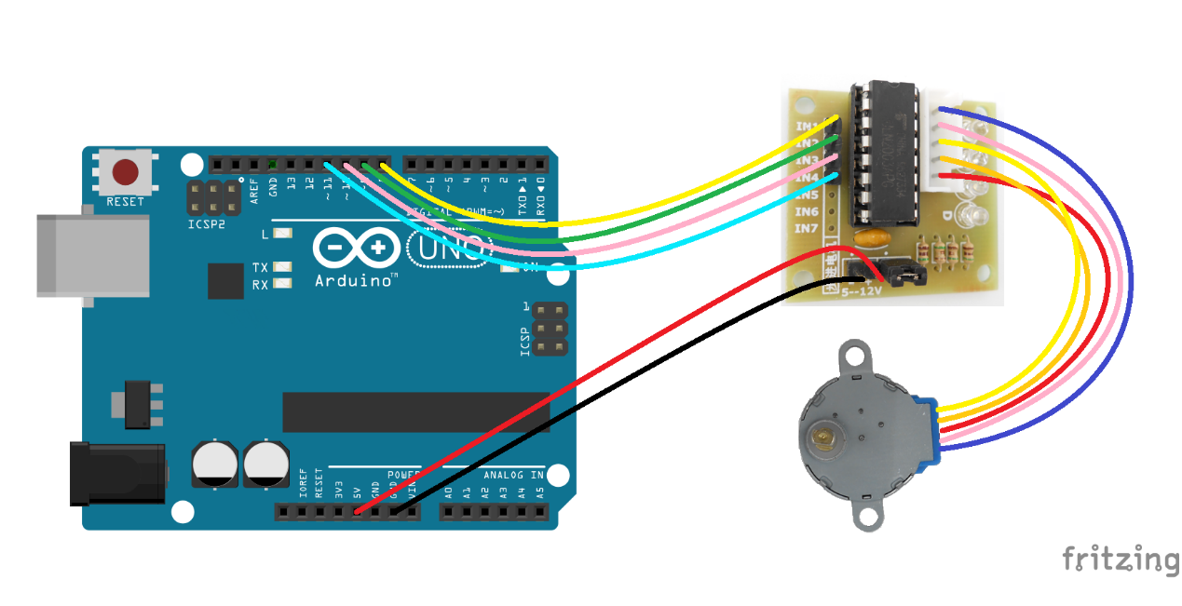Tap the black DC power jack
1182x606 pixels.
pyautogui.click(x=116, y=475)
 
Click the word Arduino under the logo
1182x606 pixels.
pyautogui.click(x=356, y=279)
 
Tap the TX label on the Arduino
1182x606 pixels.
pyautogui.click(x=261, y=267)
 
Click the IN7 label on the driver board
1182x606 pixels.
pyautogui.click(x=806, y=228)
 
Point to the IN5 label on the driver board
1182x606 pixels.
pyautogui.click(x=806, y=195)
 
